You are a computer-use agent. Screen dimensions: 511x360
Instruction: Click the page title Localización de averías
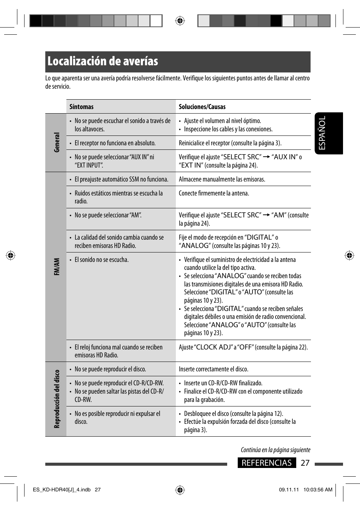pos(103,62)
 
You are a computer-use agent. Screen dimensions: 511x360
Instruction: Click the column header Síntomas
pos(81,107)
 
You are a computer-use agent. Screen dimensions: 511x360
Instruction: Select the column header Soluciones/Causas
pos(202,107)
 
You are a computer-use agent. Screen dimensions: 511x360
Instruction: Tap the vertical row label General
pos(56,142)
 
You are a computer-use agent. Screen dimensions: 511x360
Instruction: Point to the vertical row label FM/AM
pos(56,266)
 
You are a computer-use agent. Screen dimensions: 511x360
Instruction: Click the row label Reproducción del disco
pos(57,399)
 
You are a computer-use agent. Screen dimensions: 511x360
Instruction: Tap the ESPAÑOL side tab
pos(322,133)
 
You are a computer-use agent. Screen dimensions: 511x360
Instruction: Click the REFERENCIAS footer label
pos(266,463)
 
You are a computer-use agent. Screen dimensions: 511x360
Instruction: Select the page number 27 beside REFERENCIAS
pos(305,463)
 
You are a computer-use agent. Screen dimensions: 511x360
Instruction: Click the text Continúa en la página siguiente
pos(275,450)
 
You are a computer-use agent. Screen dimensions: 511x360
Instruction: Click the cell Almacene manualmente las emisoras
pos(222,179)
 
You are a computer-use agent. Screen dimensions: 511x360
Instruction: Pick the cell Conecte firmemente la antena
pos(214,193)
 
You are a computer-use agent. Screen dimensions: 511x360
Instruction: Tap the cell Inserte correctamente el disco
pos(213,369)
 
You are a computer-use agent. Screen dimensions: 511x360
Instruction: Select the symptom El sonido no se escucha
pos(101,260)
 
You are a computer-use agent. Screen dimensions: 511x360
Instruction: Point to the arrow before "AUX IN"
pos(266,157)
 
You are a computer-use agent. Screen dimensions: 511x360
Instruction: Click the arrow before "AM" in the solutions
pos(266,215)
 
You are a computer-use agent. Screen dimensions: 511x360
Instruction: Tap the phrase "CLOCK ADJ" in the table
pos(213,347)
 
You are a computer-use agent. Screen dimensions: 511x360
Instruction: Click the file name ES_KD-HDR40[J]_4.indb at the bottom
pos(62,490)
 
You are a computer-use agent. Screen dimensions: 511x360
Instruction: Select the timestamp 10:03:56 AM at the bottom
pos(318,490)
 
